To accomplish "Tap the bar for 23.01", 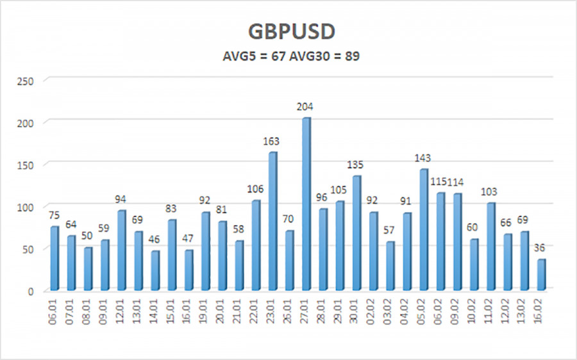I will (x=272, y=220).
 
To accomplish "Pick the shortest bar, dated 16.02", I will (x=541, y=274).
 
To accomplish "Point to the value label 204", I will (x=306, y=107).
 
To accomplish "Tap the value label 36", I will (x=541, y=248).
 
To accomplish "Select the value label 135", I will (x=356, y=165).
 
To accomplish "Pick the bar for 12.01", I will (x=122, y=250).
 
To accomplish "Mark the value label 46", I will (x=155, y=240).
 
